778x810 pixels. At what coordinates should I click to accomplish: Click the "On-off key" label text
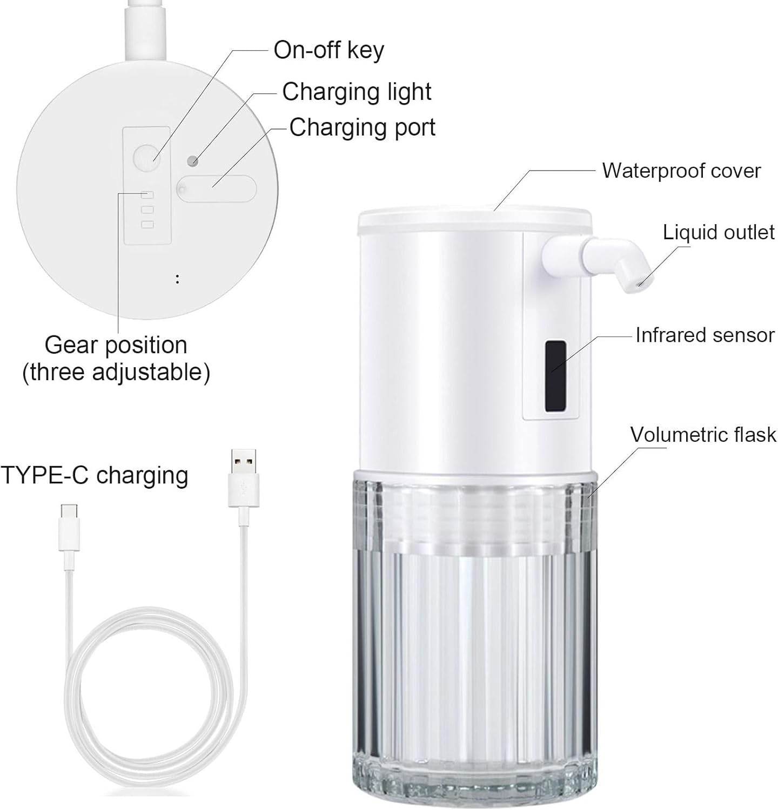point(328,50)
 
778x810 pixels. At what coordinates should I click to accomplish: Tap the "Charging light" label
point(357,92)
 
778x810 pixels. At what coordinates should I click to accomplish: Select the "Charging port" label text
point(362,128)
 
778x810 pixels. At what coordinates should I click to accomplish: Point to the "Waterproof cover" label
point(681,171)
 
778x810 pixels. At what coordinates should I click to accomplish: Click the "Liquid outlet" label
point(719,232)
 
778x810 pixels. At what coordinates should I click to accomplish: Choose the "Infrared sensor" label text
point(705,335)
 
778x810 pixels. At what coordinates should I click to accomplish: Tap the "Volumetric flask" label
point(703,435)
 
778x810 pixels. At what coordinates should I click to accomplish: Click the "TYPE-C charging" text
point(95,476)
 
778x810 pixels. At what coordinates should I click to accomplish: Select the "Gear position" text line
point(116,345)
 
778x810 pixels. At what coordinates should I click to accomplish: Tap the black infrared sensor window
point(555,375)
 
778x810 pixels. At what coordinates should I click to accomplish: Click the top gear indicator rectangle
point(147,195)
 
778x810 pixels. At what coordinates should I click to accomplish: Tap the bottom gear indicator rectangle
point(147,225)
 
